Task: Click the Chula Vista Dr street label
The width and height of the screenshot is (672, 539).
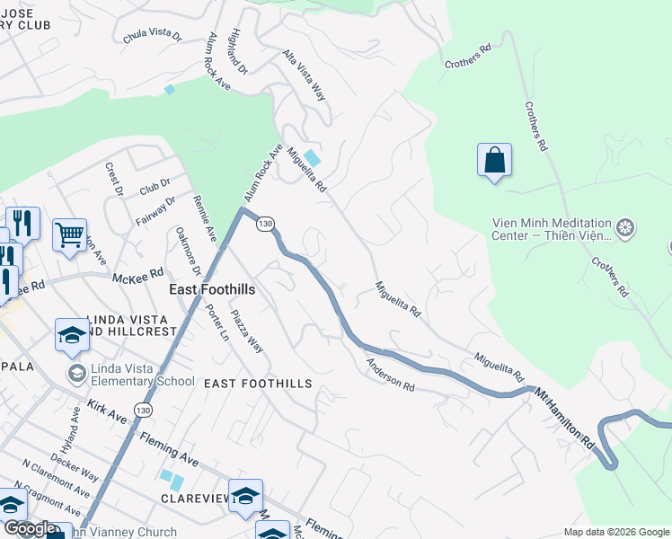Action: [x=152, y=35]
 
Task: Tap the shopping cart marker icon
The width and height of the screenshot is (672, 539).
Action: [x=69, y=235]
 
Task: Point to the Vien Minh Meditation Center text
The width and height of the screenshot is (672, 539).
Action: [x=552, y=231]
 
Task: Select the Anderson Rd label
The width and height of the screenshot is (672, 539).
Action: [x=390, y=375]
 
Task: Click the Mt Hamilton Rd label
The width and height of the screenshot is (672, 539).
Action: [x=564, y=407]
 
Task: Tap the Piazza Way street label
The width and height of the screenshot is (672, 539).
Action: [x=247, y=331]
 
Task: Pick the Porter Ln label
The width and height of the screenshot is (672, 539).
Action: [x=217, y=323]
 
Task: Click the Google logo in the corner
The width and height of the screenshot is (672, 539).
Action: [x=30, y=528]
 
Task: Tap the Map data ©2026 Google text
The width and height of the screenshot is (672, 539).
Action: [x=615, y=532]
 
